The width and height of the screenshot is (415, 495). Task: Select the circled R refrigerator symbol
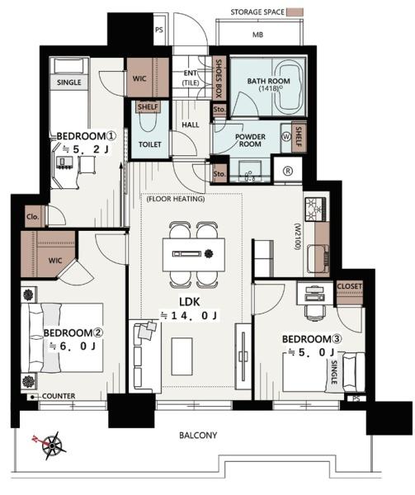288,171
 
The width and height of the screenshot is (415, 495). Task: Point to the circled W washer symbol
286,137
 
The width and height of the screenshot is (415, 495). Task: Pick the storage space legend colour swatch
295,12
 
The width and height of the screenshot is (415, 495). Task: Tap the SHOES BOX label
219,78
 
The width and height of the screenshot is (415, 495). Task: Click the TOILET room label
150,144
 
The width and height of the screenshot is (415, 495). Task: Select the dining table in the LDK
194,254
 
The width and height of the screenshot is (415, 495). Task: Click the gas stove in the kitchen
315,209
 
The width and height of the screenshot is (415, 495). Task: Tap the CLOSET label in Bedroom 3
350,286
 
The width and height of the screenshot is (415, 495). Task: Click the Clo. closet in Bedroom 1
32,217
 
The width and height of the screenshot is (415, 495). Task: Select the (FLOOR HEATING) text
176,199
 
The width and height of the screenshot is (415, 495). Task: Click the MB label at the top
258,35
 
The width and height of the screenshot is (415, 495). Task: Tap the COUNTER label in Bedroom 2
59,396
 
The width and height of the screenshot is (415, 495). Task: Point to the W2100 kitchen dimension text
297,237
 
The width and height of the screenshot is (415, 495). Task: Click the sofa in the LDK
145,356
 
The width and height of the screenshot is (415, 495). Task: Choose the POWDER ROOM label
250,140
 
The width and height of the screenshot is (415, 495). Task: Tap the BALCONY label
198,436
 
